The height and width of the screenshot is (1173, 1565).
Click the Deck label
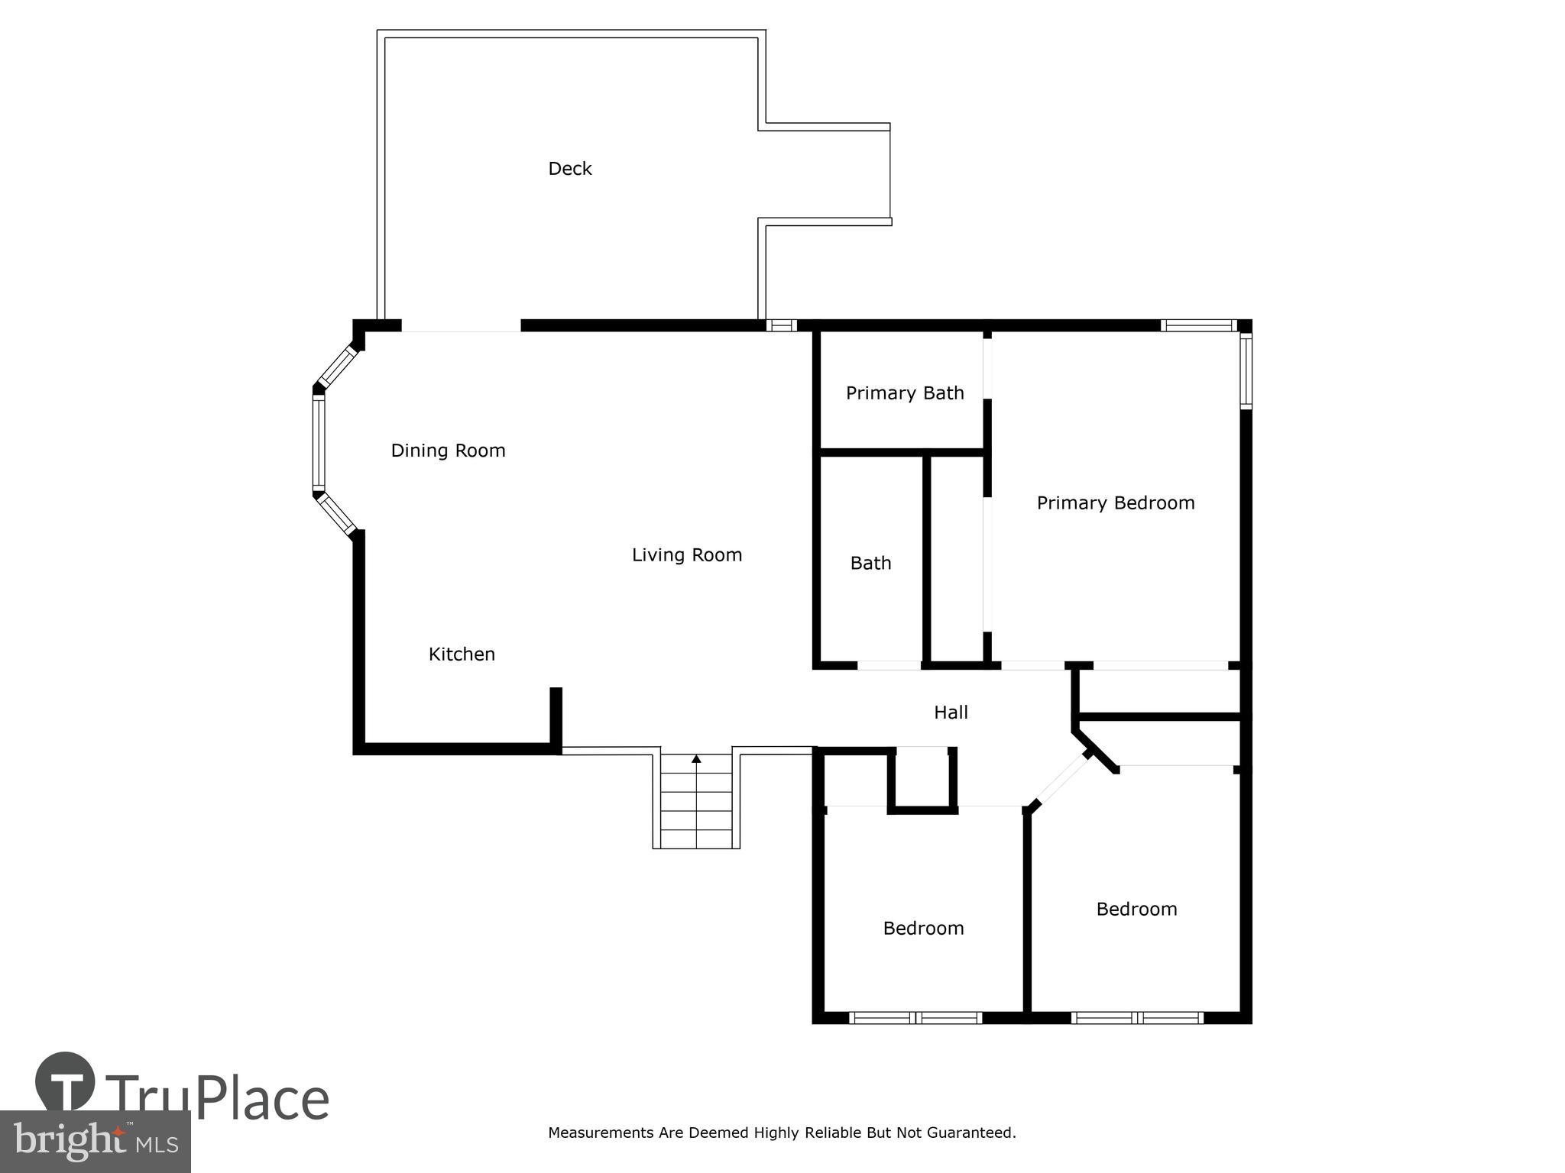570,169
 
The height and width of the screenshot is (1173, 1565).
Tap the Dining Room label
448,451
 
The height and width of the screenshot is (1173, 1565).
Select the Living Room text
686,555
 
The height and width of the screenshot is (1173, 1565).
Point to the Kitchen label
462,654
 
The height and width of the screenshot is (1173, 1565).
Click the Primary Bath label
904,393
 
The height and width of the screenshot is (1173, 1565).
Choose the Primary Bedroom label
1115,503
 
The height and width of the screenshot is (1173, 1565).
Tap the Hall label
951,713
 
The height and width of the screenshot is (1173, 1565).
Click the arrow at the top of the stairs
696,758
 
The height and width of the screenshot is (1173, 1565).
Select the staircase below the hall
696,802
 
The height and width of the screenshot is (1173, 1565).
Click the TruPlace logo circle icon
65,1081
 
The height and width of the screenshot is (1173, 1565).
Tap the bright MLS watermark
96,1142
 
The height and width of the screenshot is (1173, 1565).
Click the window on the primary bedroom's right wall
1246,371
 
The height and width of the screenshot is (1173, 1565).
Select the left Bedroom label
923,929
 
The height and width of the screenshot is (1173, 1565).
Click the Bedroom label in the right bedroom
1136,910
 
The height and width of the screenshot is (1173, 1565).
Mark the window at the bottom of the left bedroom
915,1017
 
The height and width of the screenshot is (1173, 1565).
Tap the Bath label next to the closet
870,564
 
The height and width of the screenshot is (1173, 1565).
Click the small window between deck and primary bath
781,325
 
